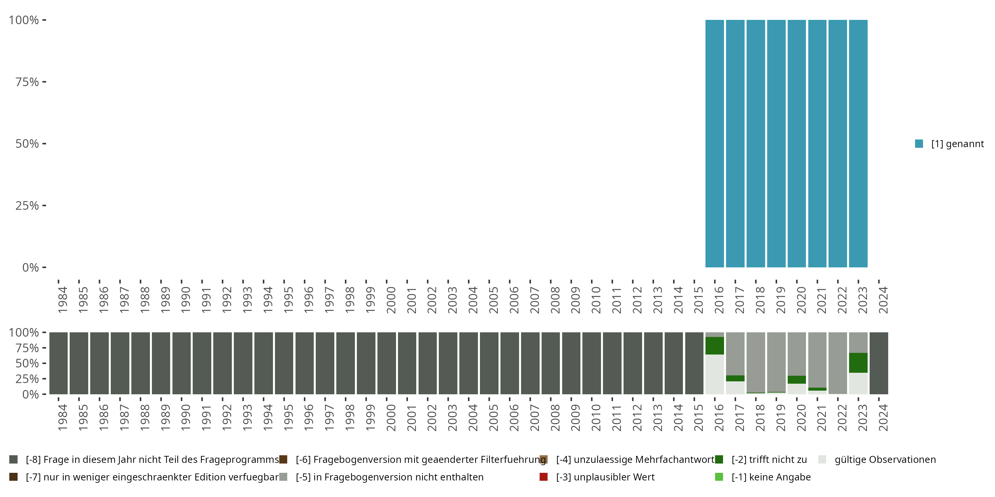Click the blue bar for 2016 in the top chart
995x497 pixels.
click(715, 143)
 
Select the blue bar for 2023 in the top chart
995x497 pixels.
click(858, 143)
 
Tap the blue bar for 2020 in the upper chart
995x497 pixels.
click(796, 143)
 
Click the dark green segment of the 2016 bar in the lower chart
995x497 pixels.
click(715, 346)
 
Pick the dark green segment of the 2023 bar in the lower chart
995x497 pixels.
click(858, 363)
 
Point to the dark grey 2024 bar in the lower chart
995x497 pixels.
click(879, 363)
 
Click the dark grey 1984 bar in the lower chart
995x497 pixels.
click(58, 363)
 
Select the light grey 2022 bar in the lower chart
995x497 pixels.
click(838, 363)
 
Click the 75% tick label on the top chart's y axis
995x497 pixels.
click(27, 82)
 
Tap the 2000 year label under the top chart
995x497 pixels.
click(391, 300)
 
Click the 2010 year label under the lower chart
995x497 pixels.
click(596, 418)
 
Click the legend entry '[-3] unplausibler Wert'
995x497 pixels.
click(605, 477)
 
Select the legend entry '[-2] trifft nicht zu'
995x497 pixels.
click(769, 460)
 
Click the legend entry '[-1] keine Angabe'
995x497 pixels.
click(770, 477)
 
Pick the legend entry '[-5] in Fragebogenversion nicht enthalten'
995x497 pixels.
click(389, 477)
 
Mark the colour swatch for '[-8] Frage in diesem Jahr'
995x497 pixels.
click(14, 460)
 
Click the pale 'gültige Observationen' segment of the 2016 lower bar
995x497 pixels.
click(715, 374)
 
